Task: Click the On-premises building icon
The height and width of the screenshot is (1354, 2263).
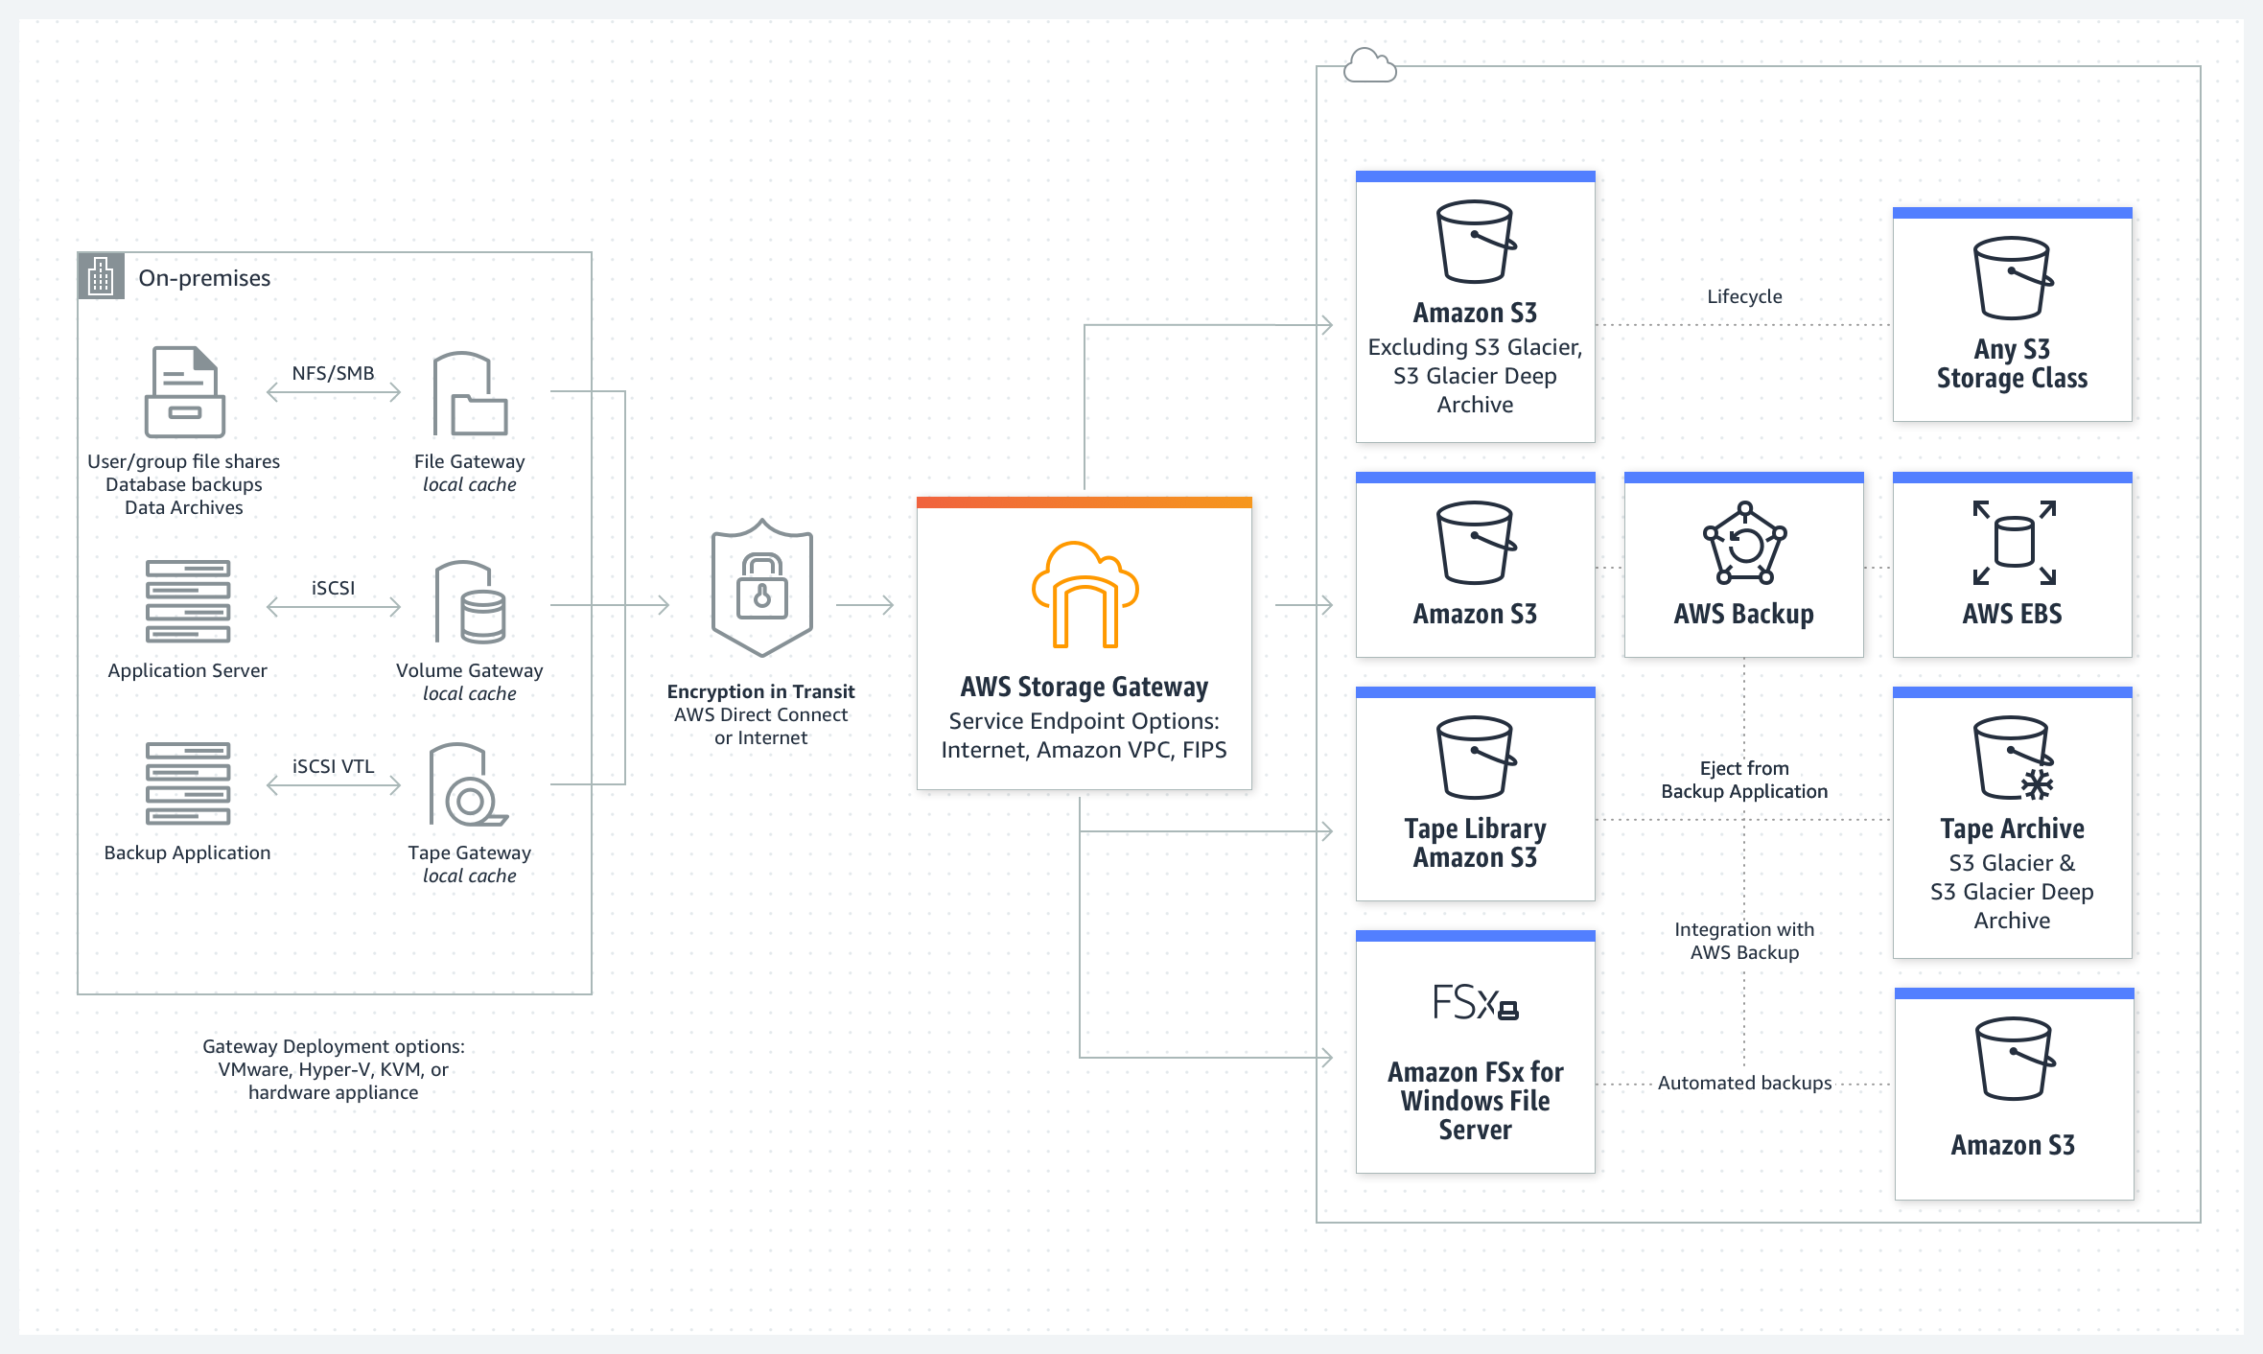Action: [101, 277]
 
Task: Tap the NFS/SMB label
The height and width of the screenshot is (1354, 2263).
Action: [333, 373]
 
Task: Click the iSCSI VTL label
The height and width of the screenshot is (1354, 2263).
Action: [333, 766]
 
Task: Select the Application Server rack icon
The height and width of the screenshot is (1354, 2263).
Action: [188, 601]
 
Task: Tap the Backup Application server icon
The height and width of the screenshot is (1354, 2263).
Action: [188, 783]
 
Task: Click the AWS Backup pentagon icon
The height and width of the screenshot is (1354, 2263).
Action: [1744, 544]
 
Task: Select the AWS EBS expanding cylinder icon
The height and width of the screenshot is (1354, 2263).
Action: [2013, 543]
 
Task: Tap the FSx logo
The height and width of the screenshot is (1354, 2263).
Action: [1475, 1003]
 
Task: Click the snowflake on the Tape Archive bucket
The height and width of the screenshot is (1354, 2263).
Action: [2037, 784]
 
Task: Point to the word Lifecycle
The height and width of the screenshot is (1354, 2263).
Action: [1744, 296]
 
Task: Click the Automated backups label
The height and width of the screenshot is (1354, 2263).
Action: [1744, 1083]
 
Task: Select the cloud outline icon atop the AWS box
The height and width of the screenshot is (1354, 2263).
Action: [1369, 66]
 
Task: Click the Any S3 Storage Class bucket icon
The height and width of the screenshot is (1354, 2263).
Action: [2013, 278]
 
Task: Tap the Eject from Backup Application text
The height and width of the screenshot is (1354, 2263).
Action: [1744, 780]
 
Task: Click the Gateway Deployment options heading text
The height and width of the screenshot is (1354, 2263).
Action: [333, 1046]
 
